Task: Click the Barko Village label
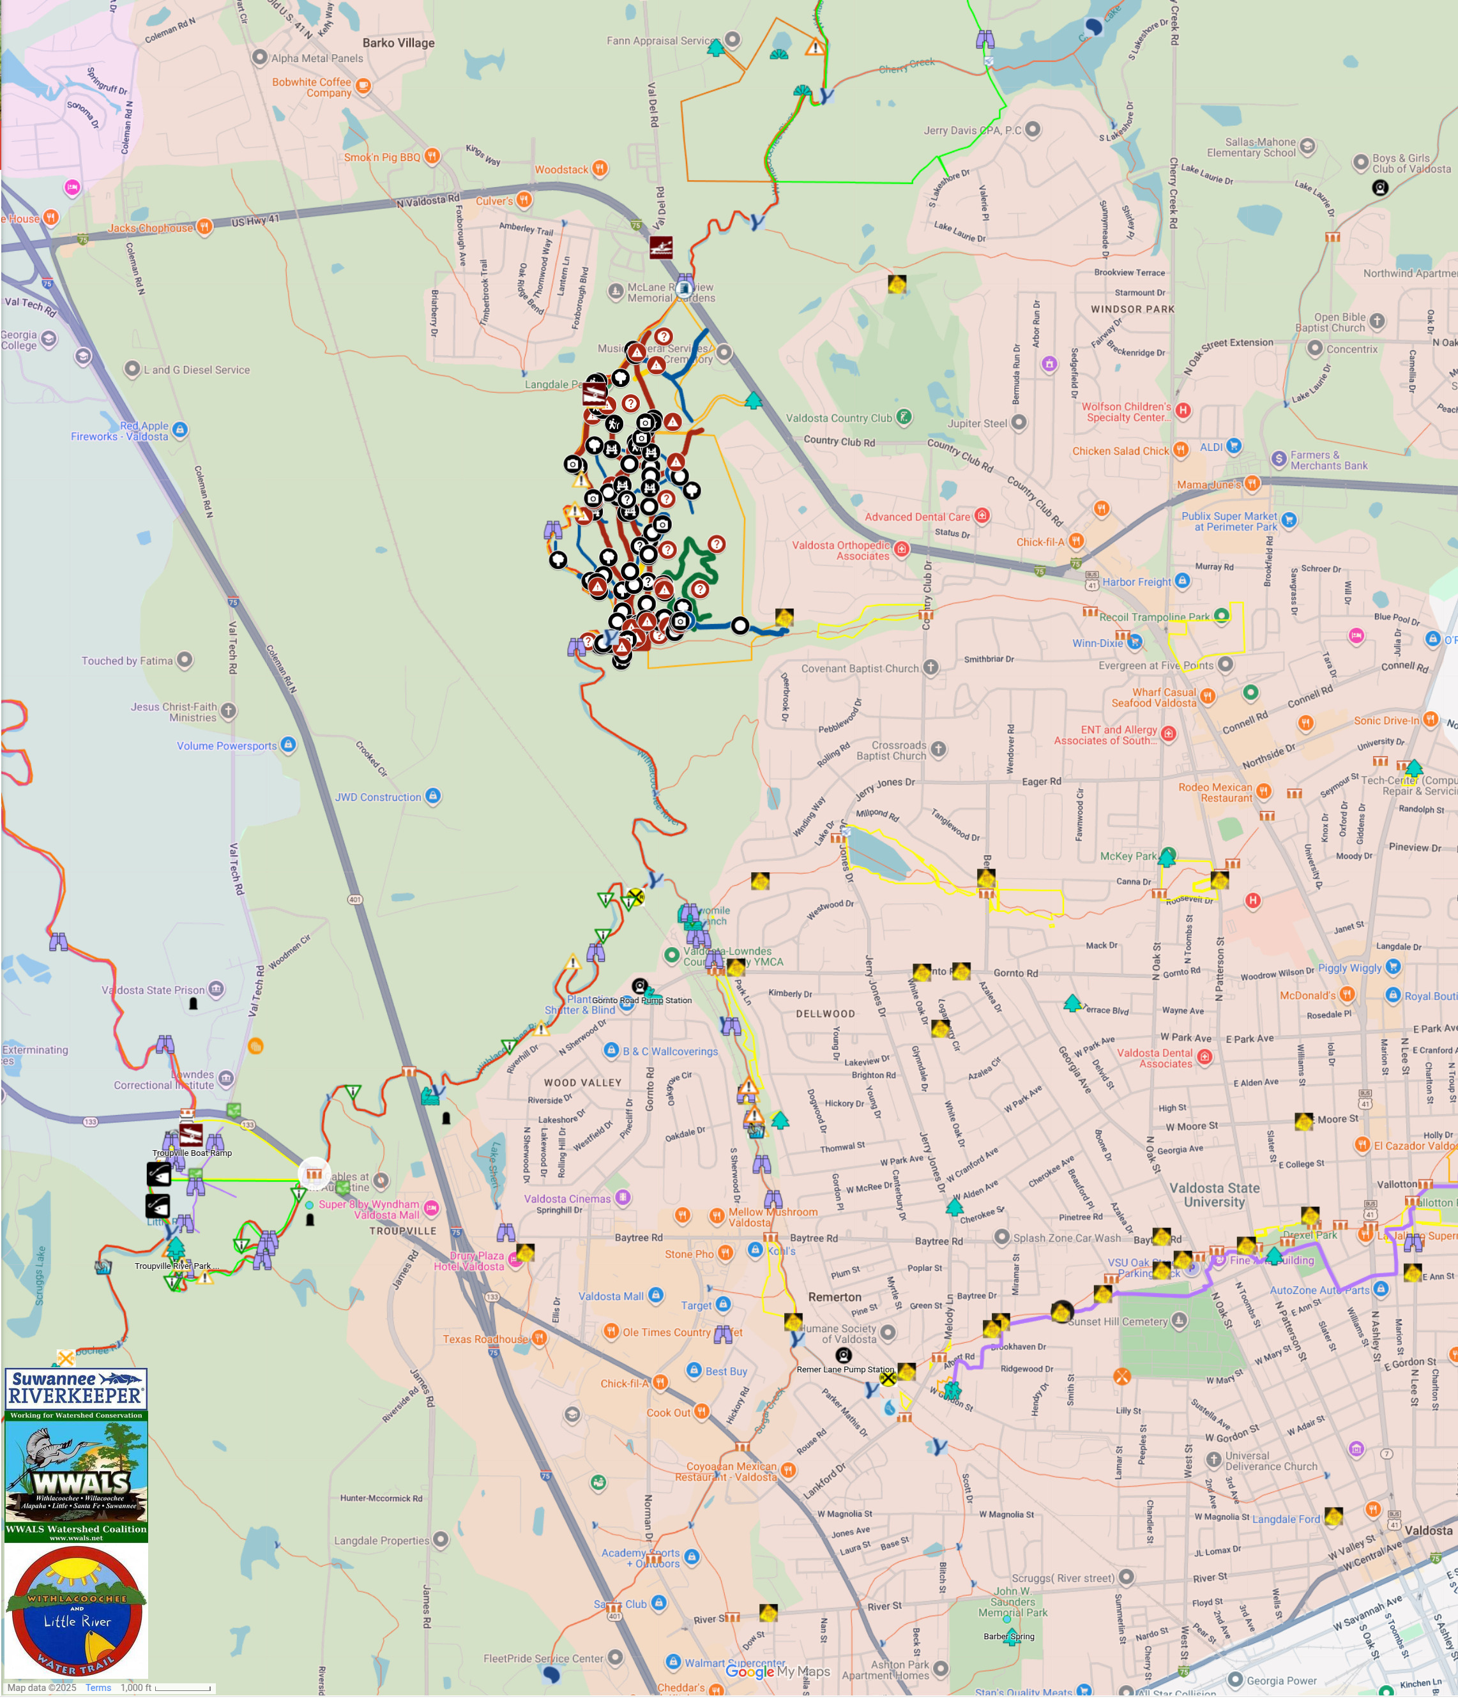pyautogui.click(x=399, y=43)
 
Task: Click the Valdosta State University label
pyautogui.click(x=1214, y=1195)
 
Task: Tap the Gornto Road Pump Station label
pyautogui.click(x=642, y=1000)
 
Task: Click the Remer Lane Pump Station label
pyautogui.click(x=845, y=1369)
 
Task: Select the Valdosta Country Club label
pyautogui.click(x=839, y=418)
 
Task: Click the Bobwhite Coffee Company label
pyautogui.click(x=312, y=87)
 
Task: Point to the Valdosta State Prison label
pyautogui.click(x=153, y=990)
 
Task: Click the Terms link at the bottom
pyautogui.click(x=98, y=1687)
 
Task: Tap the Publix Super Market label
pyautogui.click(x=1229, y=521)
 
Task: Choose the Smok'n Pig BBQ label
pyautogui.click(x=382, y=157)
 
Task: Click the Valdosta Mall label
pyautogui.click(x=611, y=1296)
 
